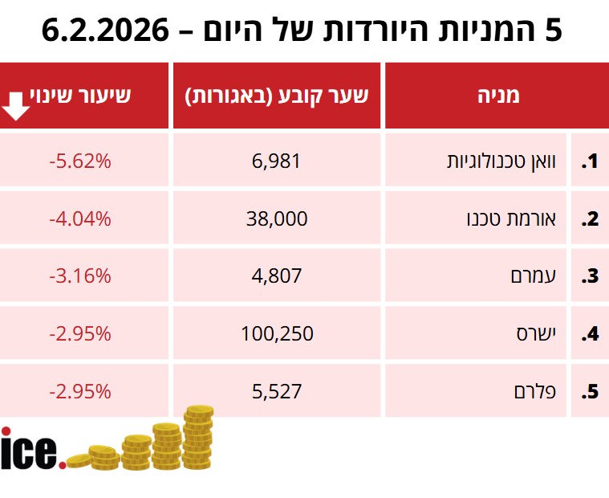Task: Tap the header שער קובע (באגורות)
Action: (x=277, y=96)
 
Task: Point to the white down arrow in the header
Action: (x=17, y=105)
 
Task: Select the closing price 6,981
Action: (x=277, y=161)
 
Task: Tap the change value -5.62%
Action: (x=79, y=161)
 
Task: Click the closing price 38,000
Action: (x=277, y=218)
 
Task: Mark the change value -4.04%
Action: (x=79, y=218)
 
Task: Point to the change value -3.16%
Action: (x=79, y=276)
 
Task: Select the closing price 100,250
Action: (x=277, y=333)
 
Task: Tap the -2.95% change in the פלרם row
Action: (x=79, y=391)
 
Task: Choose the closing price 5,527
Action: (x=277, y=391)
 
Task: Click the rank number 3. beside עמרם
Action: (x=591, y=276)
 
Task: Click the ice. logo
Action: (x=32, y=449)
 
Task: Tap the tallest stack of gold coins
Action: (x=197, y=437)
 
